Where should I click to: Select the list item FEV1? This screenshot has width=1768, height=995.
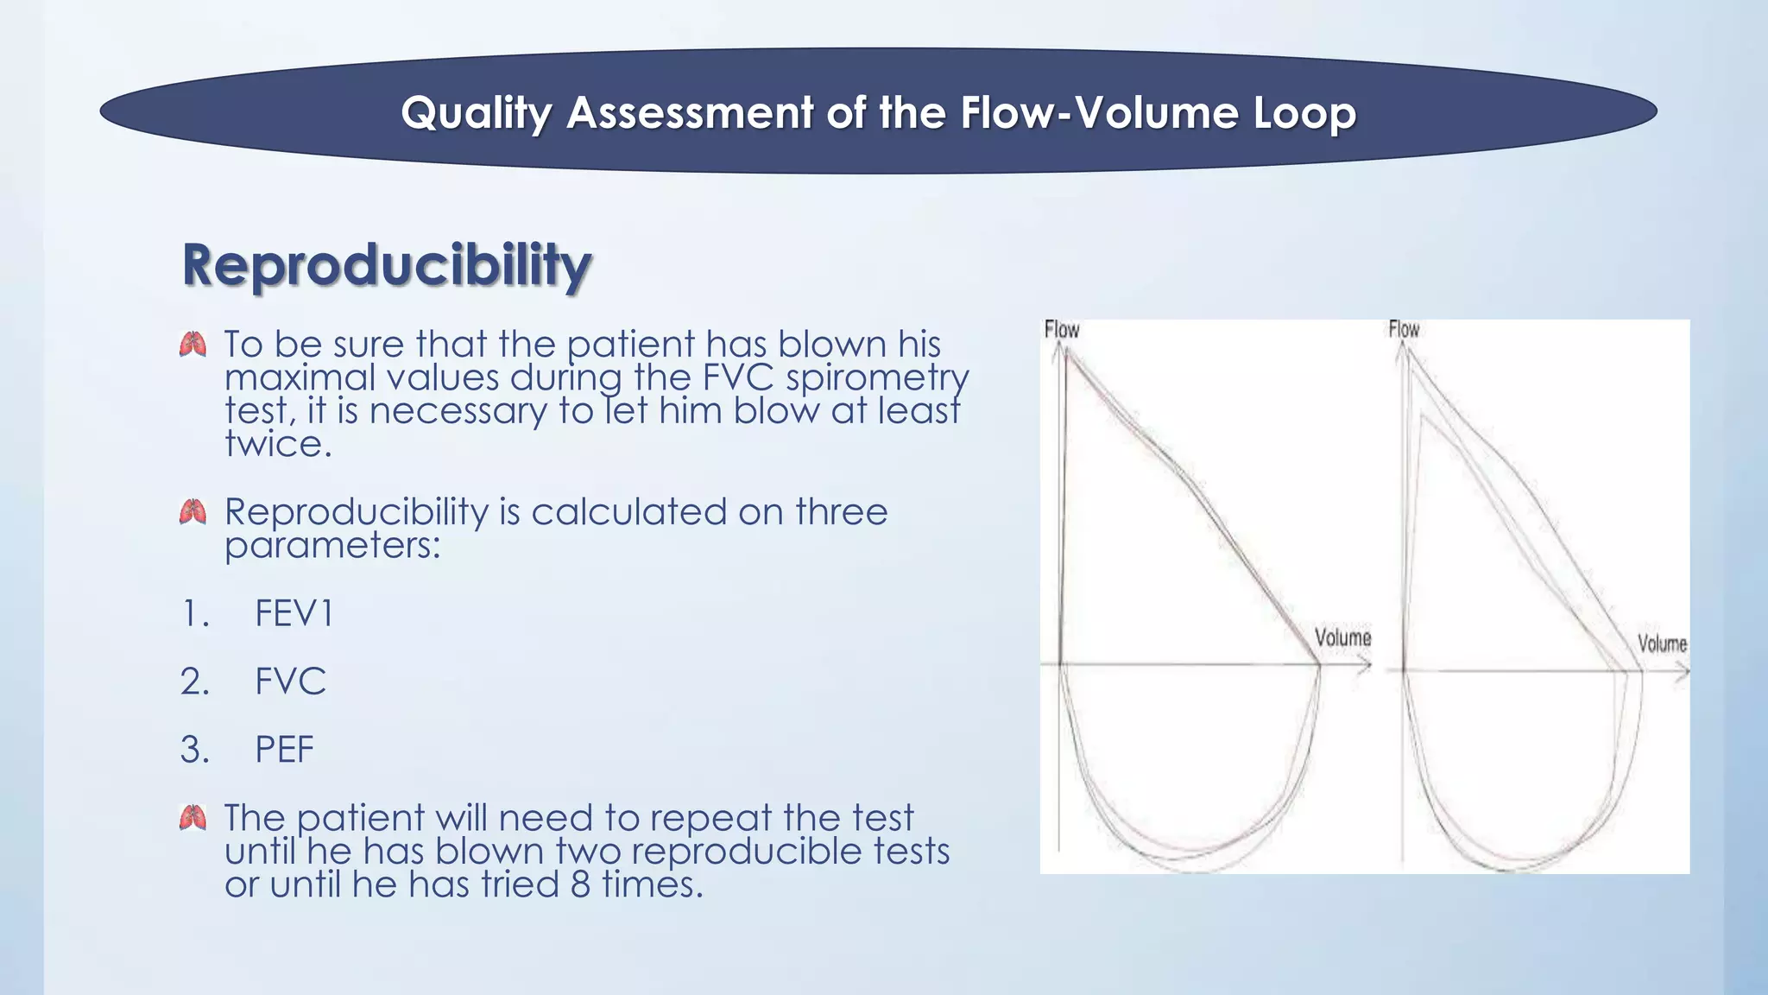294,614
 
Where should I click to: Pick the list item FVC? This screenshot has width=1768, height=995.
290,681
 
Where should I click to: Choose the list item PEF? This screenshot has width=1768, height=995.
284,749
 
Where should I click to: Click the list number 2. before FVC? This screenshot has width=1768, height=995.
195,681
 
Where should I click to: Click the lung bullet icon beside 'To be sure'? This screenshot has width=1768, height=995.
193,345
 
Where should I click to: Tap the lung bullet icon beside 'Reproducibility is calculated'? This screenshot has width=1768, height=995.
193,512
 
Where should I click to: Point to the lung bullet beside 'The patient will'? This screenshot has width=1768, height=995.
193,817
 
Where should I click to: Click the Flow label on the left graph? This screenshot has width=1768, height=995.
1061,330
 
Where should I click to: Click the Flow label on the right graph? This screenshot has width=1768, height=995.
1404,329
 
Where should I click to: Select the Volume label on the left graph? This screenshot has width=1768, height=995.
1342,637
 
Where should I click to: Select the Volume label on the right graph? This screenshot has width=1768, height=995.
1662,643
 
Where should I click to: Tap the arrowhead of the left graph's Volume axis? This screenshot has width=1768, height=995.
1367,664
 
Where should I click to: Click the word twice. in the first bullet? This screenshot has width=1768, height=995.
278,444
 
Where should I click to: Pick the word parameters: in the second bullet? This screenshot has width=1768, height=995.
332,545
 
